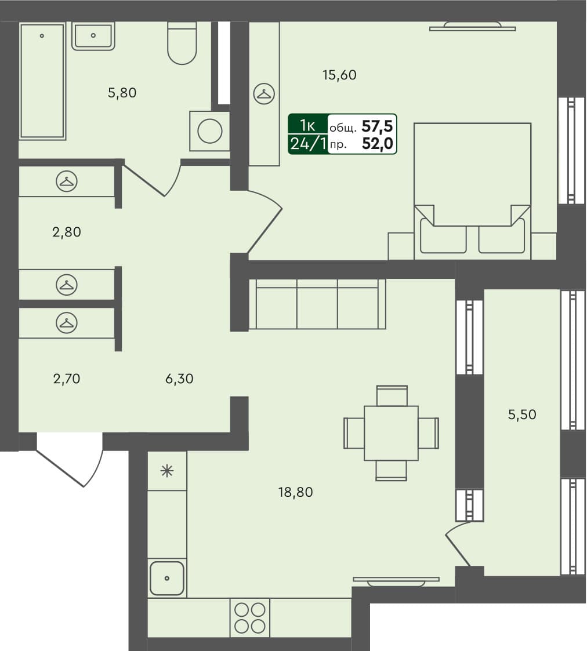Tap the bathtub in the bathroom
42,81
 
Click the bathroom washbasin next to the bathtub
93,36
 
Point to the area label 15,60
339,75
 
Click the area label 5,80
122,92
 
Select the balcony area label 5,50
522,414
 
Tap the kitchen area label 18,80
296,493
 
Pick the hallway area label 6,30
179,379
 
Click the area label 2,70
66,379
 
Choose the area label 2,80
66,232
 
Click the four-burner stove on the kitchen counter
250,617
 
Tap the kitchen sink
167,578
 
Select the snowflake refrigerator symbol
167,471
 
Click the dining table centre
391,433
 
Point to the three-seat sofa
317,304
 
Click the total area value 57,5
377,125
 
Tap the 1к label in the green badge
307,125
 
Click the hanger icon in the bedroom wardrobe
264,94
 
